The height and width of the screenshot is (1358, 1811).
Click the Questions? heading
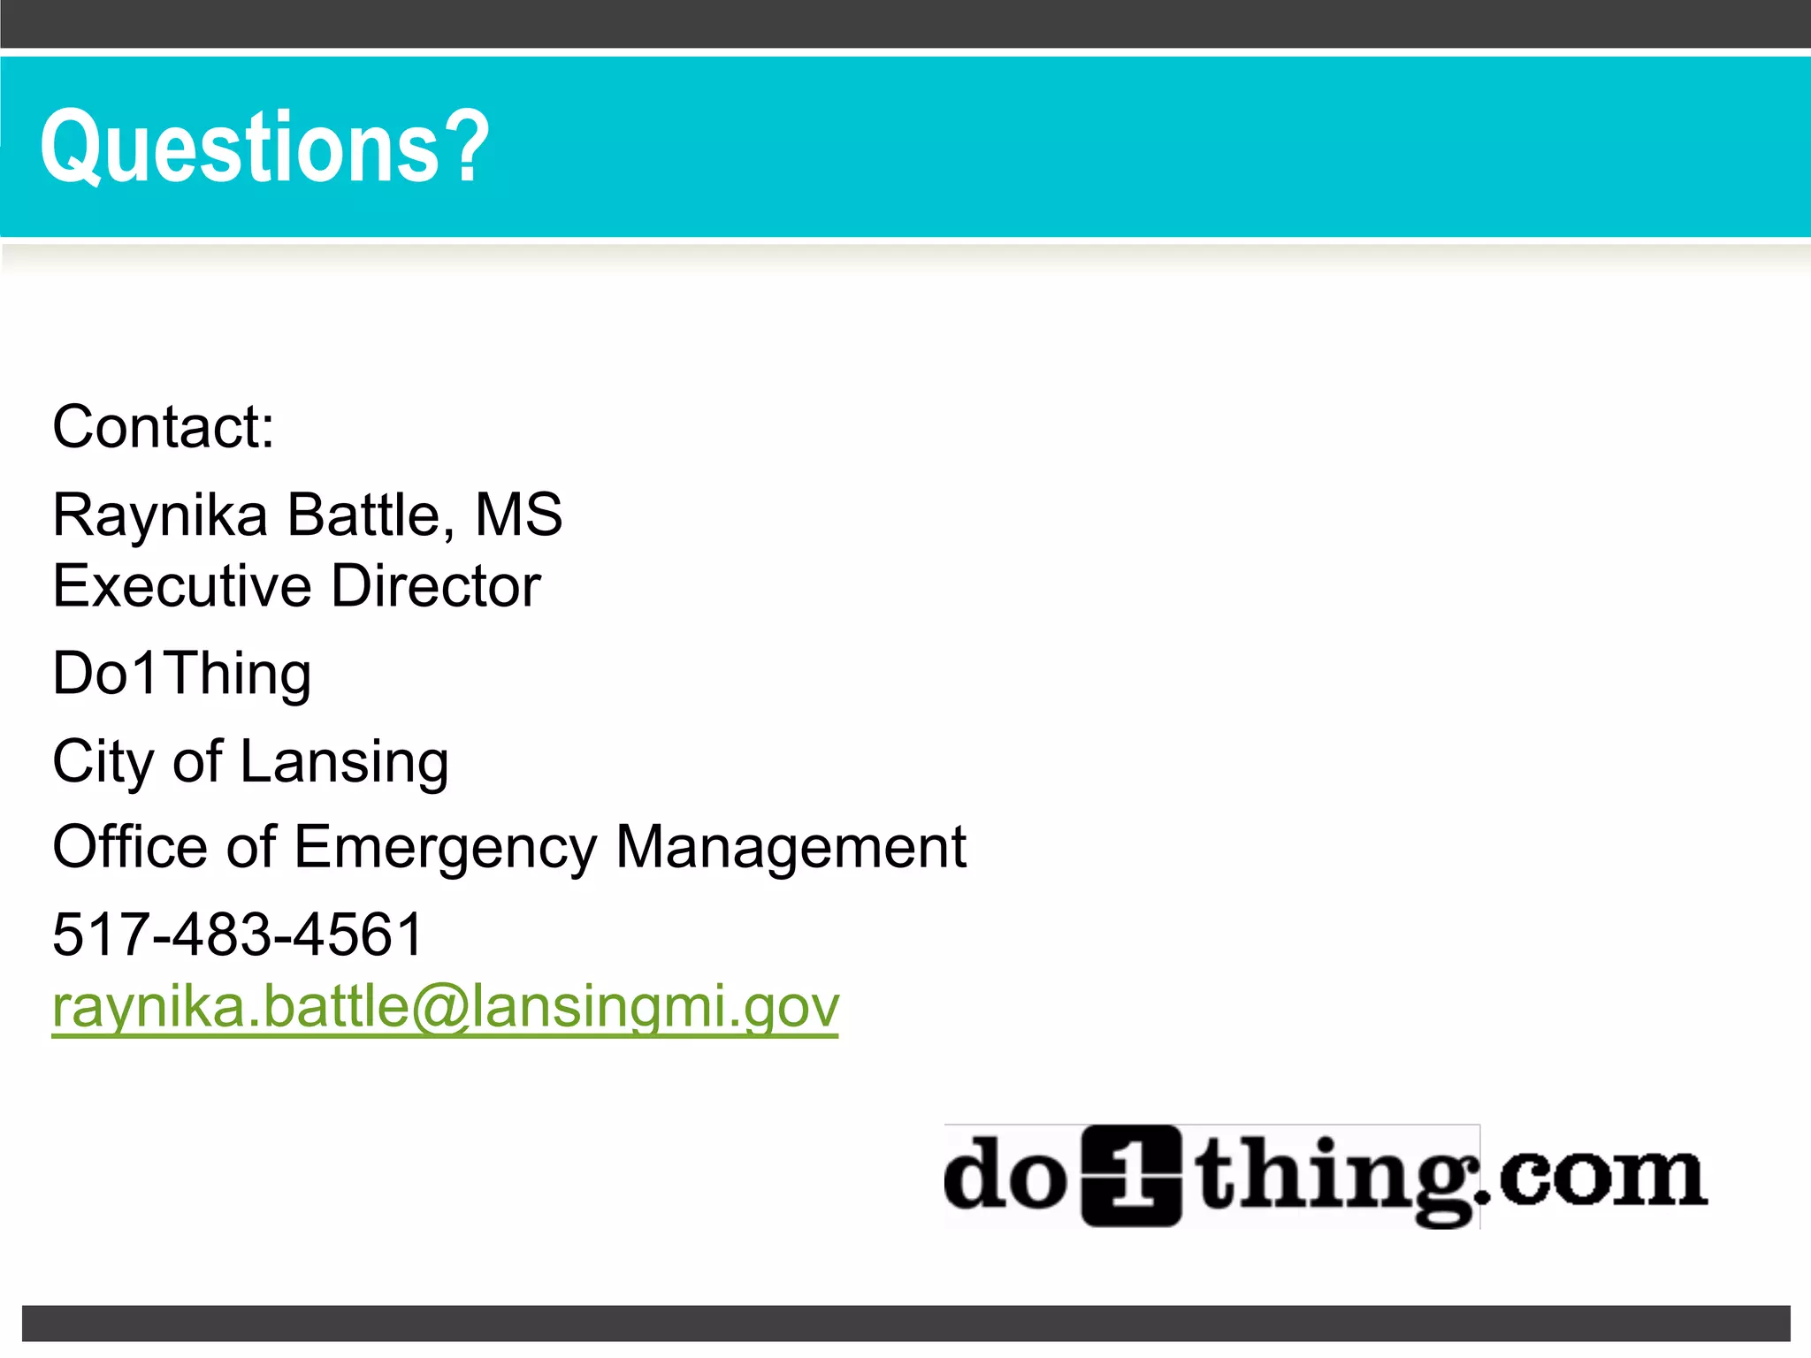tap(264, 147)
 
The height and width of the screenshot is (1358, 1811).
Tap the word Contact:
tap(164, 427)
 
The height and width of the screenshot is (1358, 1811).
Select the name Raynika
tap(160, 515)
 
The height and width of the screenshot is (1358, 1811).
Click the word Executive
tap(182, 585)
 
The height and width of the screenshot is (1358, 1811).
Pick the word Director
tap(436, 585)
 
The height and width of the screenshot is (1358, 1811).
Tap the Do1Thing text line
tap(182, 674)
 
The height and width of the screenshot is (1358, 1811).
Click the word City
tap(103, 761)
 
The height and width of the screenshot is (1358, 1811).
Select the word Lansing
tap(344, 761)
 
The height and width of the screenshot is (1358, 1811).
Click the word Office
tap(130, 847)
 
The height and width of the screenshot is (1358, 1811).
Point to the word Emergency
tap(446, 847)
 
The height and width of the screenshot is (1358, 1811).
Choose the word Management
tap(791, 847)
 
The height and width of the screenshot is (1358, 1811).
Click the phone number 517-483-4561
tap(238, 935)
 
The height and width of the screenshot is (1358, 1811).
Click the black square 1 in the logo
tap(1132, 1176)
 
